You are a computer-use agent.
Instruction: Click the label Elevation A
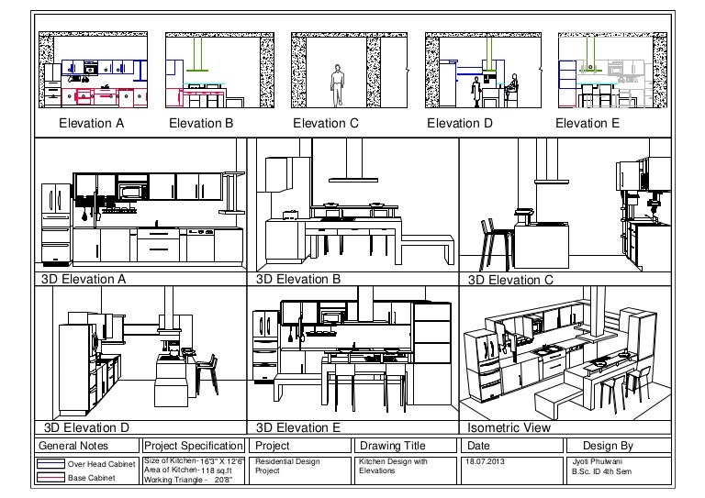point(91,123)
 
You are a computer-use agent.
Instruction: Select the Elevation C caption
point(326,123)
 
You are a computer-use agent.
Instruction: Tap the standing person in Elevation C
point(337,85)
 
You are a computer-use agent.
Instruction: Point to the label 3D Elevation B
point(298,279)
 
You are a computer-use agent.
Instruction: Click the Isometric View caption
point(509,427)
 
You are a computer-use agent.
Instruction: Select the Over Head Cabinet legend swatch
point(50,463)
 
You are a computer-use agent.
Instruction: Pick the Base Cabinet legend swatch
point(50,477)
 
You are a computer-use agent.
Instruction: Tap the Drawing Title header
point(393,446)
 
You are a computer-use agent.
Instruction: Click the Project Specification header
point(194,446)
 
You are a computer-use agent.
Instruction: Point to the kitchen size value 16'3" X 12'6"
point(222,461)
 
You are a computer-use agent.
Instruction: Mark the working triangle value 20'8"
point(223,480)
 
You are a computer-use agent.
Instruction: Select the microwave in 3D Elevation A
point(133,192)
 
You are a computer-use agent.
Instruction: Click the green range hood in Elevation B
point(197,55)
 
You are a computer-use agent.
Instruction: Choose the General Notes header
point(73,446)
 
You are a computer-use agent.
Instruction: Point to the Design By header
point(608,446)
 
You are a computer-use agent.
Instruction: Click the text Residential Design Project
point(287,466)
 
